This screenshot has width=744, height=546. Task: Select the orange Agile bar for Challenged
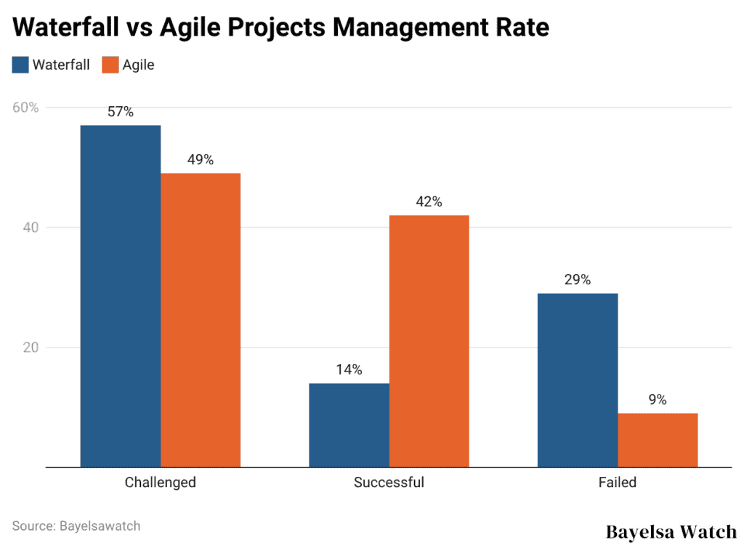click(x=201, y=320)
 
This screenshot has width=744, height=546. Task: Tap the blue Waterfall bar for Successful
click(x=349, y=425)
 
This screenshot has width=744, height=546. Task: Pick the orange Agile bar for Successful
click(x=429, y=341)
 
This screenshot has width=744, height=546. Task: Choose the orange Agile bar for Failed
click(x=658, y=440)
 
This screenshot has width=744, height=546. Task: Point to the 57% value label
click(x=121, y=112)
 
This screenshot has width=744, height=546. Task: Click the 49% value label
click(x=201, y=160)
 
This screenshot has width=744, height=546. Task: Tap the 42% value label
click(x=429, y=202)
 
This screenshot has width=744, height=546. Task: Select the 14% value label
click(x=349, y=369)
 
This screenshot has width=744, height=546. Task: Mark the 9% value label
click(x=658, y=399)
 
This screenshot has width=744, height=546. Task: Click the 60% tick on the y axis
click(x=25, y=108)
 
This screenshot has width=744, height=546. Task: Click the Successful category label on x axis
click(x=389, y=482)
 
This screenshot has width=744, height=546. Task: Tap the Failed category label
click(x=618, y=482)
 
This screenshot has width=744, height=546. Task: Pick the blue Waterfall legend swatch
click(x=20, y=65)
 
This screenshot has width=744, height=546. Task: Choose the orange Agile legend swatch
click(x=110, y=65)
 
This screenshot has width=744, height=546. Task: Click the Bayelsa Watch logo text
click(x=671, y=531)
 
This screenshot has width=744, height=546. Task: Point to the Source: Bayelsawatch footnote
click(x=76, y=525)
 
